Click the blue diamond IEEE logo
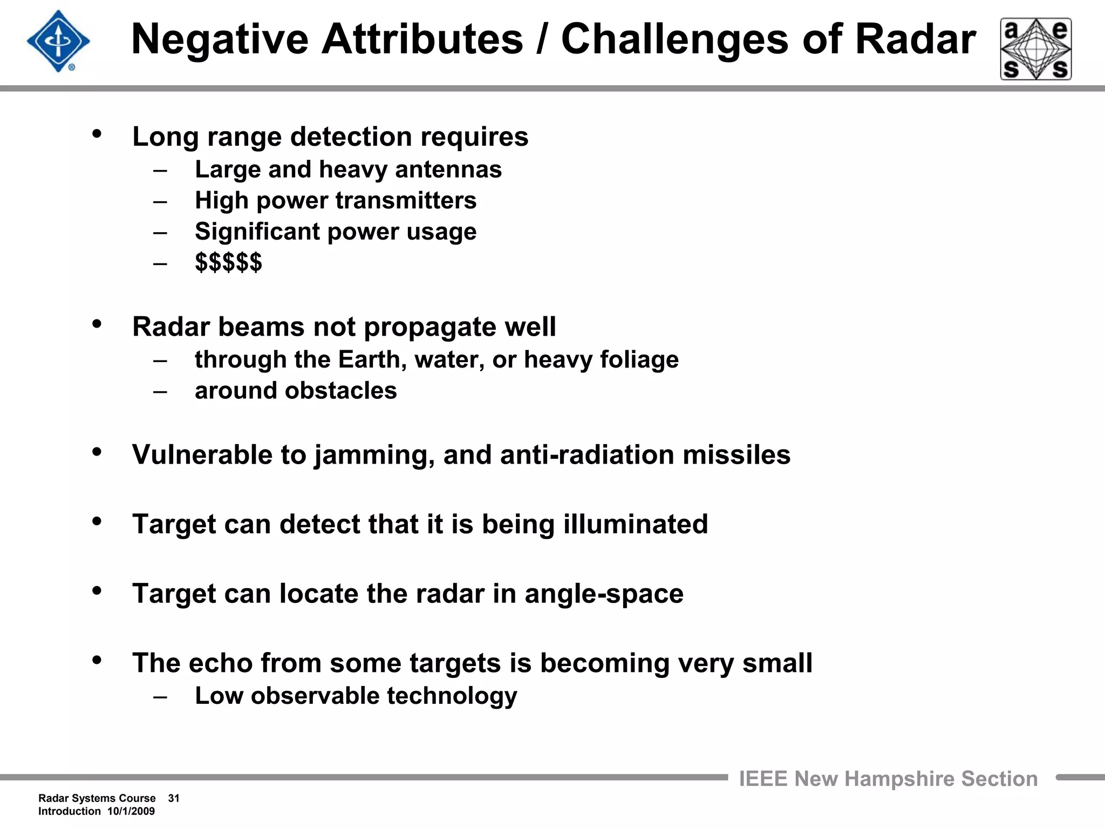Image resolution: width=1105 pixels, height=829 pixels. [x=58, y=41]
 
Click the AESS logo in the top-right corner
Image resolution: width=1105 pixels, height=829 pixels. [x=1035, y=49]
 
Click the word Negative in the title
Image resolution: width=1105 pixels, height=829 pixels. [x=219, y=39]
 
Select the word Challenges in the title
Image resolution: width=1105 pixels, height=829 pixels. [x=675, y=39]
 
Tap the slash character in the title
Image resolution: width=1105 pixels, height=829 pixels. [x=542, y=39]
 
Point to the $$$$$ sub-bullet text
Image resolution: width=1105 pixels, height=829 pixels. [x=228, y=262]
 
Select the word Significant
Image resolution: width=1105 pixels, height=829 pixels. [x=257, y=232]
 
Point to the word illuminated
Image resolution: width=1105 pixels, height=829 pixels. [x=635, y=524]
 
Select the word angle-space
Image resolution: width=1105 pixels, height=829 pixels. [x=604, y=594]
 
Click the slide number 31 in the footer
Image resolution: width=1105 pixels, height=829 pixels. [x=174, y=798]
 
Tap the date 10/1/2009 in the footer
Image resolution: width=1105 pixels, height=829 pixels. [x=131, y=811]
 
